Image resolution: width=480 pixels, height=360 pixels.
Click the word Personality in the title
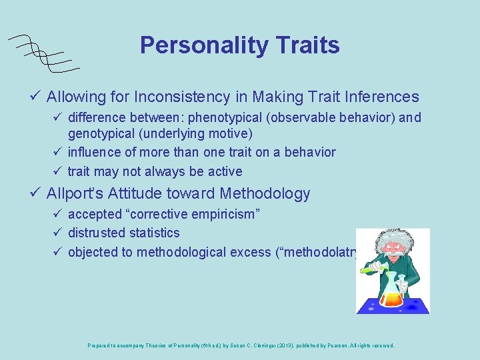tap(201, 45)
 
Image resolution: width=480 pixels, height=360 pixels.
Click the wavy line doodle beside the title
tap(41, 52)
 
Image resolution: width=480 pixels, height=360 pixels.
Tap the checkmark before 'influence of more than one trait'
tap(58, 152)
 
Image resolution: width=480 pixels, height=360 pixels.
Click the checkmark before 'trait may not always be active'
tap(58, 171)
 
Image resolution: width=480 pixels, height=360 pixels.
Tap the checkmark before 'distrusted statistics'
tap(58, 233)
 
